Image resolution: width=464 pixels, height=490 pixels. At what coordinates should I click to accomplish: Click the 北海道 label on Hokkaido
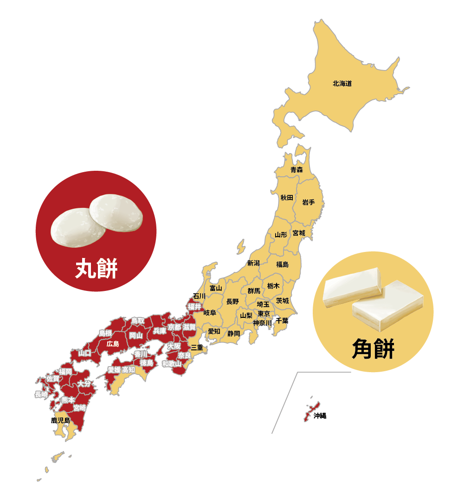tap(342, 84)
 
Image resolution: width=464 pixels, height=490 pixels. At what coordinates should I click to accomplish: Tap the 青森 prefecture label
tap(296, 170)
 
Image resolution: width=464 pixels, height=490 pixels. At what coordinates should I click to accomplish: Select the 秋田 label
tap(287, 198)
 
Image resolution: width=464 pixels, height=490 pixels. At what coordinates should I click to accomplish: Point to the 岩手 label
tap(309, 202)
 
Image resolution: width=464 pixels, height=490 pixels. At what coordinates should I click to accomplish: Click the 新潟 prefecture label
tap(253, 263)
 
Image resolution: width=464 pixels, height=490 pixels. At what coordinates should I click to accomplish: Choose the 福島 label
tap(282, 264)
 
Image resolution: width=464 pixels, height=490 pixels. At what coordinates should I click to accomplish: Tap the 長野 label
tap(232, 302)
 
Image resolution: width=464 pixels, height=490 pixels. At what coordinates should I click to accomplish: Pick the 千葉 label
tap(282, 320)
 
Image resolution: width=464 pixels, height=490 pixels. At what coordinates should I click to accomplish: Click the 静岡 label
tap(234, 333)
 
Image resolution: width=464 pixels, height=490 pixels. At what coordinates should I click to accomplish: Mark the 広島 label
tap(113, 344)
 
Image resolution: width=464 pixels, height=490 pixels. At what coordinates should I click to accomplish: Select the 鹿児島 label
tap(60, 420)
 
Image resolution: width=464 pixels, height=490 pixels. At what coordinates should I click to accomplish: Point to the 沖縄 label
tap(320, 416)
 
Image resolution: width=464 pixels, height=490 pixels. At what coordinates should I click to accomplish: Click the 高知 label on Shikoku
tap(129, 370)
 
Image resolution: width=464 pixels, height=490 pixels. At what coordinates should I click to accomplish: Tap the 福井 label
tap(194, 307)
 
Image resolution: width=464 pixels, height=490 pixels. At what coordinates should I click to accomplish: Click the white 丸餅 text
tap(96, 268)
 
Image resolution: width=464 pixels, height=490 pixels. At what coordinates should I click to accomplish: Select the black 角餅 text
tap(373, 348)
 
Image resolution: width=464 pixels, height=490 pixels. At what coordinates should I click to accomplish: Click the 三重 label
tap(197, 347)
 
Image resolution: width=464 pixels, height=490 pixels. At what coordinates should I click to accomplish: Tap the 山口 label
tap(85, 353)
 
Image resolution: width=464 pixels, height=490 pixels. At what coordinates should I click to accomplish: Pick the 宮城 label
tap(299, 233)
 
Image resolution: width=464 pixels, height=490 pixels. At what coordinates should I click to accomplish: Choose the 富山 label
tap(216, 288)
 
